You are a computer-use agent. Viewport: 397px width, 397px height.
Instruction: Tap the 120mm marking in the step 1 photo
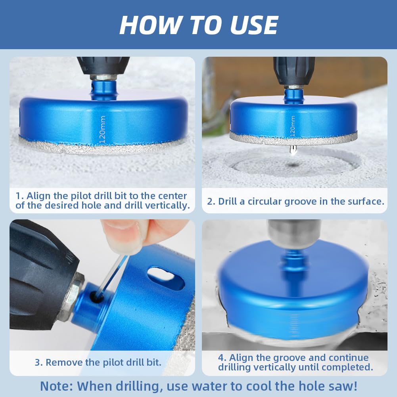(102, 129)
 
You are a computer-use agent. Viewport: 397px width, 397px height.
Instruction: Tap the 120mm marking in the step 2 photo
(292, 127)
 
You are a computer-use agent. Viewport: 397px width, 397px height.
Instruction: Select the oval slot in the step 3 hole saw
(166, 278)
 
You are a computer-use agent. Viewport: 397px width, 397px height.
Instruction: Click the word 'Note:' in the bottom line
(56, 386)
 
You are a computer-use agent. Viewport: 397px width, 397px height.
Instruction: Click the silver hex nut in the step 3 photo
(72, 295)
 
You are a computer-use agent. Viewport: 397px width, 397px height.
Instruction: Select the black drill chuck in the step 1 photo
(103, 66)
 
